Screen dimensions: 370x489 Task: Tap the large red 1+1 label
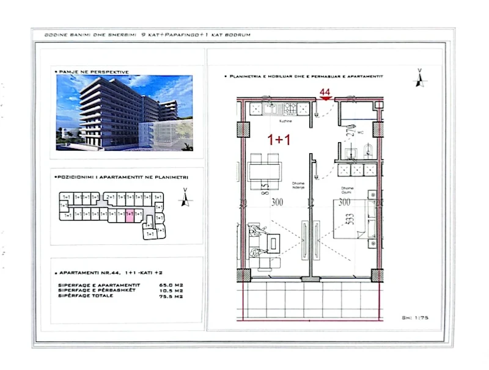(278, 140)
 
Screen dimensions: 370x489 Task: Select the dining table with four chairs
(265, 166)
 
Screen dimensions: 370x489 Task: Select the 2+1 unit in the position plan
(111, 197)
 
